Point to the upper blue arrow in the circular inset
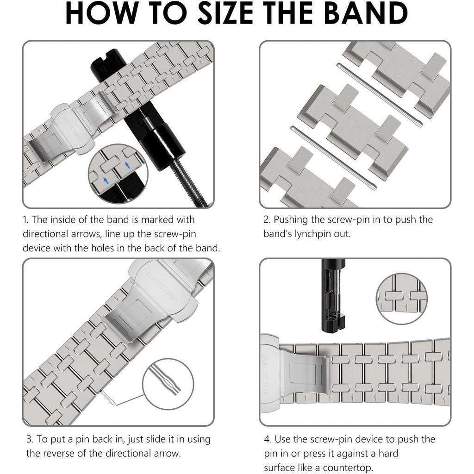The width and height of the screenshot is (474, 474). point(127,165)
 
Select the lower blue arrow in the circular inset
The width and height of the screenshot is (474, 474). point(106,181)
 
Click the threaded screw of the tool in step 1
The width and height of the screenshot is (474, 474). point(188,182)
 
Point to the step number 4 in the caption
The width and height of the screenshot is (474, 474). point(267,439)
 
